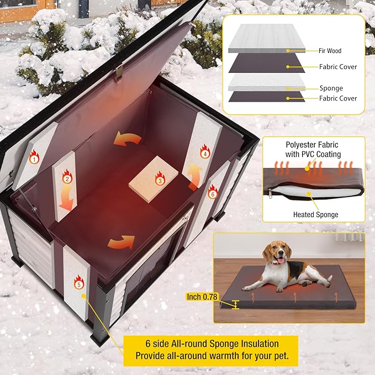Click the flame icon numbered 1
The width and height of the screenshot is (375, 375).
click(34, 159)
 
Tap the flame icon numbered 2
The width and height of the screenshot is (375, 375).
click(67, 178)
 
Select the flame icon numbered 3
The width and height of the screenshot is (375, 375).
click(160, 179)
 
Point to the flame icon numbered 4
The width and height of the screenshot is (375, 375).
click(205, 154)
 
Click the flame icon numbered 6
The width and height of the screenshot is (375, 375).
click(212, 193)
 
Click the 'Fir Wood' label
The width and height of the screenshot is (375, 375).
click(330, 51)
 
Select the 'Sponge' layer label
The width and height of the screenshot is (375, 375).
click(330, 88)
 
